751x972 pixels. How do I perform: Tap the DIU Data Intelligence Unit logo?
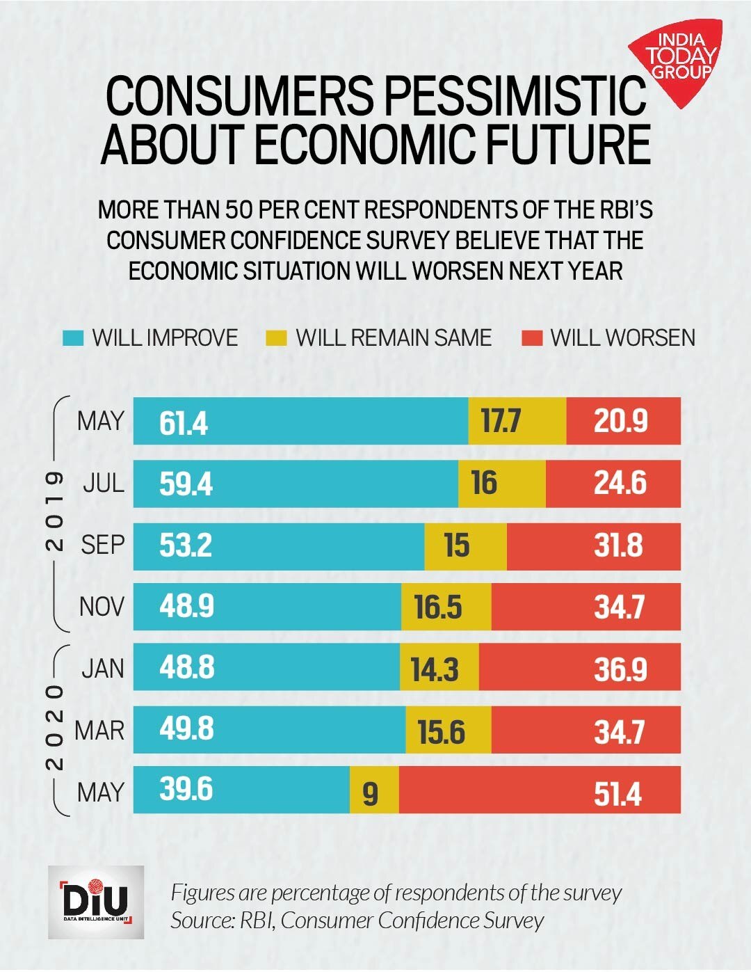96,902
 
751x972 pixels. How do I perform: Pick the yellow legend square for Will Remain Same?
276,338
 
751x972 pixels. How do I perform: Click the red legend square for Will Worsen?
532,338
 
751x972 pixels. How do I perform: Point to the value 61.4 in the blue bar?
184,422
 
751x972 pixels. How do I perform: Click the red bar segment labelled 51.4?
540,790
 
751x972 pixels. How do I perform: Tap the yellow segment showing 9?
373,791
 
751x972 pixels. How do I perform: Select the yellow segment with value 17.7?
517,421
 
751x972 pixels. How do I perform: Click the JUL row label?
104,483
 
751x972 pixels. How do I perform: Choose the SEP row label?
103,545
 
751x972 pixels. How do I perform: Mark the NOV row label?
102,607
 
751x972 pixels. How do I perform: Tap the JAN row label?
103,669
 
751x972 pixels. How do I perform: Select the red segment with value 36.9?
579,667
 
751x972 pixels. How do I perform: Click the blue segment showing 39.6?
241,790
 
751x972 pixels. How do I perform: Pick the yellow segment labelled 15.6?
448,731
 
